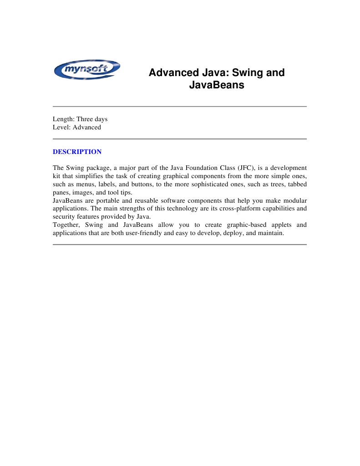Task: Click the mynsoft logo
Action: click(87, 70)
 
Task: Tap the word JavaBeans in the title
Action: click(217, 85)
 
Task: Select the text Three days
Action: click(92, 119)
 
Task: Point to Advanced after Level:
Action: click(87, 128)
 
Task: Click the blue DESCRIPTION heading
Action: click(77, 152)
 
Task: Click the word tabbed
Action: click(296, 184)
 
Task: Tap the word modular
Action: click(294, 200)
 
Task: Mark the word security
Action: click(64, 217)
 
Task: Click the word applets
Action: click(278, 225)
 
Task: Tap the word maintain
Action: click(271, 233)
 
